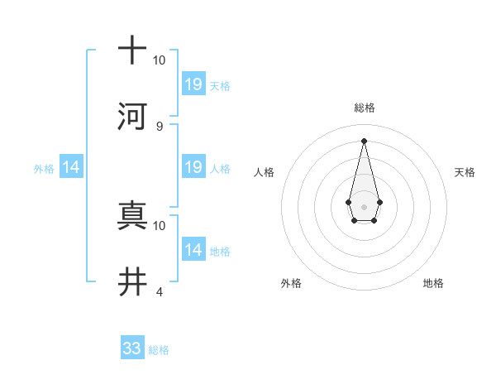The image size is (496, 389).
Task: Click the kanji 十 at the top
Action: (132, 50)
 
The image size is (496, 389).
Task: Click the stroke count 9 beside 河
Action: (160, 126)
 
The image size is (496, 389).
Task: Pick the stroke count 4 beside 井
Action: (160, 292)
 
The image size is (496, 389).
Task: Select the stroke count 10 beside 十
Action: (160, 60)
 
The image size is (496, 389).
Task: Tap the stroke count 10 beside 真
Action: (160, 225)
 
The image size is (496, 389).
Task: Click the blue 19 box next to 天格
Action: (193, 84)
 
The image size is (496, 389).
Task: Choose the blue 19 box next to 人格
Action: (193, 167)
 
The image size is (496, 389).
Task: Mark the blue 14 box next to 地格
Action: (193, 250)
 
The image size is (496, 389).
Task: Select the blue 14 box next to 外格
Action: (71, 167)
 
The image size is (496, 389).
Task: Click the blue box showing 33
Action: (132, 348)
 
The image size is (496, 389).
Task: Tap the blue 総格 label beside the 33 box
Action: (159, 350)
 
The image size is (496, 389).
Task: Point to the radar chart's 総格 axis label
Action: (364, 108)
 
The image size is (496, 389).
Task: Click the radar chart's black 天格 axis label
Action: (465, 172)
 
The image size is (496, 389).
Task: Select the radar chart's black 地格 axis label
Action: (433, 283)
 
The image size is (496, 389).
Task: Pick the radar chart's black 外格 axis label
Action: (291, 283)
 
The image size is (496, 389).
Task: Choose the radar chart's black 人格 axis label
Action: (264, 172)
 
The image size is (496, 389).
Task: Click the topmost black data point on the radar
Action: (364, 141)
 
